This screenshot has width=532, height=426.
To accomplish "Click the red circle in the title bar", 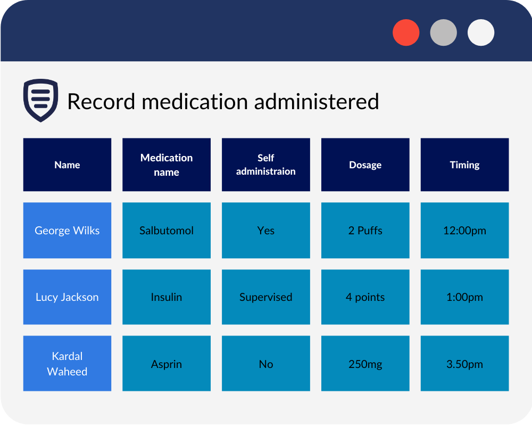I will [406, 32].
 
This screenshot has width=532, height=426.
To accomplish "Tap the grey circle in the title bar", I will [443, 32].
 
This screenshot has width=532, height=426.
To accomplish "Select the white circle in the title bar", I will [481, 32].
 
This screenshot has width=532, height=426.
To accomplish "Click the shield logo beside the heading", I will [40, 100].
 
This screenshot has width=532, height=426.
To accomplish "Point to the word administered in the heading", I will [317, 101].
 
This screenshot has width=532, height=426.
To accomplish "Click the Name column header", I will [67, 165].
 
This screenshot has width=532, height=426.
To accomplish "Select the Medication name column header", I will [167, 165].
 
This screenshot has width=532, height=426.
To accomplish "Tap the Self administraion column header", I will [266, 165].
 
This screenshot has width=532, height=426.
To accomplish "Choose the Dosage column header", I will [365, 165].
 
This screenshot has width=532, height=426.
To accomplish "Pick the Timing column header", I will [464, 165].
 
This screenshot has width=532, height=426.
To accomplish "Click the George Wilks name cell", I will [67, 231].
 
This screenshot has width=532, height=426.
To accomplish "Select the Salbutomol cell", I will [167, 231].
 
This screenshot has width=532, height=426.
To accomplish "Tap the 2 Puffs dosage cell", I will [365, 231].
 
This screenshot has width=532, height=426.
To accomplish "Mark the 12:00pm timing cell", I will [464, 231].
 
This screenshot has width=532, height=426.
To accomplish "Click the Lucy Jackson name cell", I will [67, 297].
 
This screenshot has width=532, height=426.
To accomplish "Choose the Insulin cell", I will [167, 297].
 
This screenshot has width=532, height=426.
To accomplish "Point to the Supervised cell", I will [266, 297].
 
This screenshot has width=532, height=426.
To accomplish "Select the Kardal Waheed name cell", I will [67, 364].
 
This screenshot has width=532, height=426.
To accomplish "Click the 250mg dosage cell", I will [365, 364].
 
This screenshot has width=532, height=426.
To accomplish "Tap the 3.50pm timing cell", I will [464, 364].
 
